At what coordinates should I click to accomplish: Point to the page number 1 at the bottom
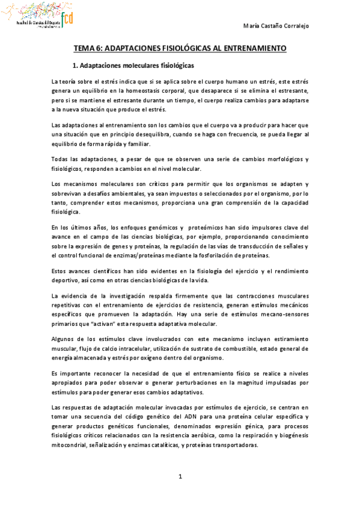click(x=180, y=477)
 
